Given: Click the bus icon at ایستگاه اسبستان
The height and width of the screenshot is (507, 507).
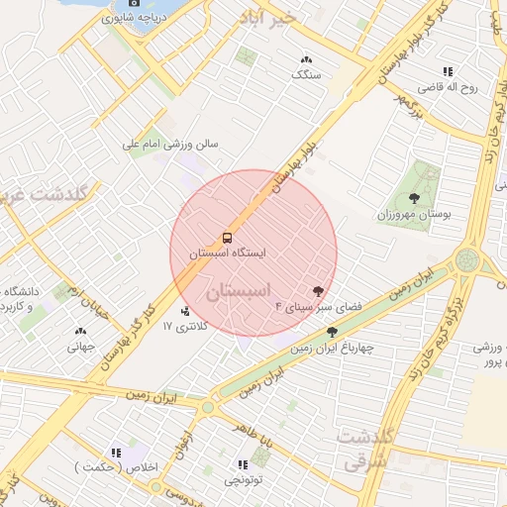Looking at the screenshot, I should [228, 238].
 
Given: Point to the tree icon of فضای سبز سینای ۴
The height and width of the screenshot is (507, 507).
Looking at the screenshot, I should [318, 291].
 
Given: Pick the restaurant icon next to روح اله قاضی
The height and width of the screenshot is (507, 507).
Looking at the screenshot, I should [448, 71].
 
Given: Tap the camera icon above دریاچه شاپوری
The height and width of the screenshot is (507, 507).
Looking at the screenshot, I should [136, 3].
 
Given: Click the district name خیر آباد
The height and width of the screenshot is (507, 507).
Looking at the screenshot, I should [268, 18].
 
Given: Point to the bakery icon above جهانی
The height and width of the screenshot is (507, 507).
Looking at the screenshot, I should [79, 332].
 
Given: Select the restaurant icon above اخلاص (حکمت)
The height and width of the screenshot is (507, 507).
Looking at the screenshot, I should [116, 453].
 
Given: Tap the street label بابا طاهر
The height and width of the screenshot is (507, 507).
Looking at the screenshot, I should [254, 428].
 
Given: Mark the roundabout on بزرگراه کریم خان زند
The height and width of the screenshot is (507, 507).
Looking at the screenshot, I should [466, 261].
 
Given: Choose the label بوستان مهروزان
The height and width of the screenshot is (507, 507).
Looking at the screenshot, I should [415, 214].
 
